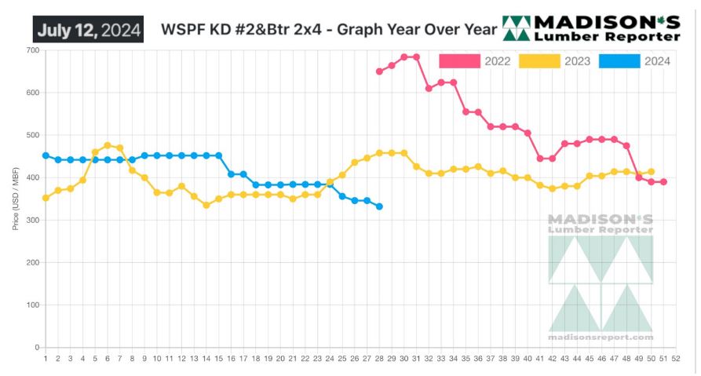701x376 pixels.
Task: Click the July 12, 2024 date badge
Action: click(88, 30)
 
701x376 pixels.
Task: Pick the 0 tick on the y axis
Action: click(37, 347)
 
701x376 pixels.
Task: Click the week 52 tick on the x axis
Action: click(676, 359)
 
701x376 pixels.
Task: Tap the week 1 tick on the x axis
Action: click(46, 359)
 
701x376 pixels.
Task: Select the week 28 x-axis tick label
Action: click(379, 359)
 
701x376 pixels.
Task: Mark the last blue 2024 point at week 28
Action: click(379, 206)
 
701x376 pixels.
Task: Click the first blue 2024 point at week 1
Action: click(46, 155)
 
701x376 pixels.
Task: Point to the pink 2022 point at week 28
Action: click(379, 71)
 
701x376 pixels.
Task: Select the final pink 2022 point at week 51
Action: click(663, 182)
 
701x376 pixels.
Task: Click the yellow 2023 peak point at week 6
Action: click(108, 145)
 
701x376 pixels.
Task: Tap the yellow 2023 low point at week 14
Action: click(206, 205)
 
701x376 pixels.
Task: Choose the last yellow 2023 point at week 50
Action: click(651, 171)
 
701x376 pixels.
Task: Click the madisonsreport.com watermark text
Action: click(601, 338)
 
